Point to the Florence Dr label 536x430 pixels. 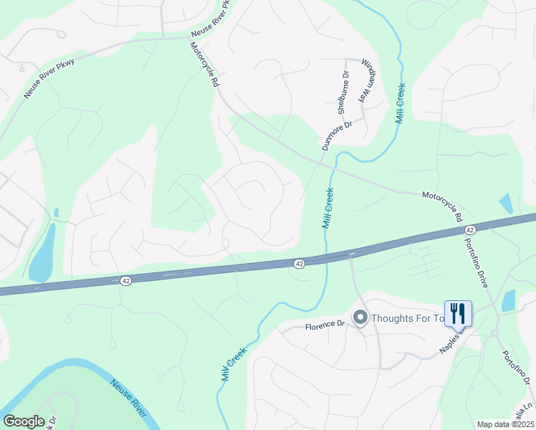click(x=325, y=325)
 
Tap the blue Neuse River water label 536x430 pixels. click(x=129, y=400)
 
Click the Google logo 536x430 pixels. click(x=24, y=421)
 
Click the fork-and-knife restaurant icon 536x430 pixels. click(x=458, y=313)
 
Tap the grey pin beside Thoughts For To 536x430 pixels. click(x=360, y=317)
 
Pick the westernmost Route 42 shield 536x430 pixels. click(x=125, y=282)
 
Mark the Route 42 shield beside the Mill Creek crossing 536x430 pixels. click(x=300, y=264)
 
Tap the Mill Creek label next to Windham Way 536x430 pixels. click(x=401, y=105)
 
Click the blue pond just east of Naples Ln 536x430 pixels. click(x=509, y=301)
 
